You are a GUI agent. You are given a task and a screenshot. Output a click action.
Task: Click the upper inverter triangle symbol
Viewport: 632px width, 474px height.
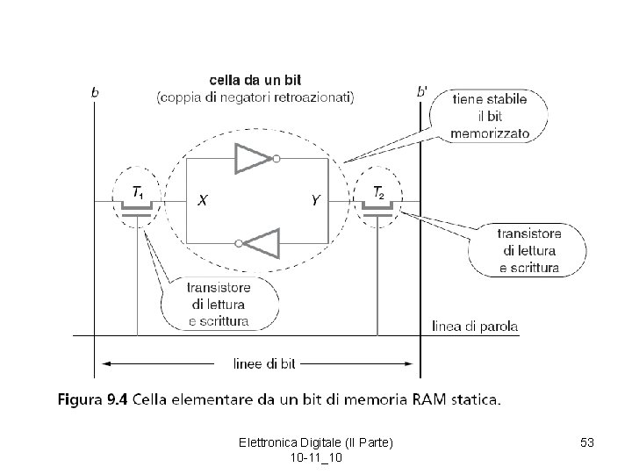point(254,159)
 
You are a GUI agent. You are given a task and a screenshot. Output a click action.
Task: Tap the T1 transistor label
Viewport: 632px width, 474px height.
point(138,191)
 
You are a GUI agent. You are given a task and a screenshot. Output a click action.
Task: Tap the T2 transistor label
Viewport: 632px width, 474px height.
point(378,191)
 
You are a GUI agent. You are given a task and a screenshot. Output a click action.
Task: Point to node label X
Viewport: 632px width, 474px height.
point(202,201)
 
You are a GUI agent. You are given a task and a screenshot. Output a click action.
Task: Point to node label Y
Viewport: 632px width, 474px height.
point(315,201)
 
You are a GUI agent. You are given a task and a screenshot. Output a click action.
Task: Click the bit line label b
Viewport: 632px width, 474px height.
point(95,90)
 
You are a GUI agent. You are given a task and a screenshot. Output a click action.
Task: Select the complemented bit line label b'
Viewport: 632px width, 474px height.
point(422,90)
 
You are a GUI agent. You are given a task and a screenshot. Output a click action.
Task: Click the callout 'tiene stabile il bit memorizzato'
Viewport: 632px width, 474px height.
point(489,118)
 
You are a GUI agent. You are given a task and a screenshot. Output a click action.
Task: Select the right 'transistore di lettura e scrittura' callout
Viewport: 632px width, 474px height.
point(528,250)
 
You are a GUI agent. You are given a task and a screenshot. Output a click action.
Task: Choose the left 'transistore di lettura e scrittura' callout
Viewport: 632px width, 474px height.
point(219,304)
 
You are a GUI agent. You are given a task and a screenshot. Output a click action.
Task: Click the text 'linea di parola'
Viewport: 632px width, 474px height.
point(475,326)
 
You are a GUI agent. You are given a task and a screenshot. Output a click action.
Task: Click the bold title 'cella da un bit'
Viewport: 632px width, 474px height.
point(255,81)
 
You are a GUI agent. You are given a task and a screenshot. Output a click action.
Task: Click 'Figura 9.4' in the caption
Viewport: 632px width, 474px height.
point(93,401)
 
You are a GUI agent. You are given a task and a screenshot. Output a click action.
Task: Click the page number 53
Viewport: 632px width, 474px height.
point(587,445)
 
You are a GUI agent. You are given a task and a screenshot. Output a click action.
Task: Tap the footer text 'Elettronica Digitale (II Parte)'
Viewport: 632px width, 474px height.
point(315,445)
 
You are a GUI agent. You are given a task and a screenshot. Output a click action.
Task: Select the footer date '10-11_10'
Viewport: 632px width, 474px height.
point(315,459)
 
